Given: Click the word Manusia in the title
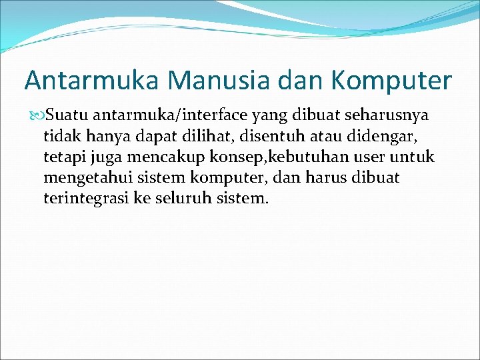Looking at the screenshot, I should (219, 81).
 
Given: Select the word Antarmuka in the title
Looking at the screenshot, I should (92, 81).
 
